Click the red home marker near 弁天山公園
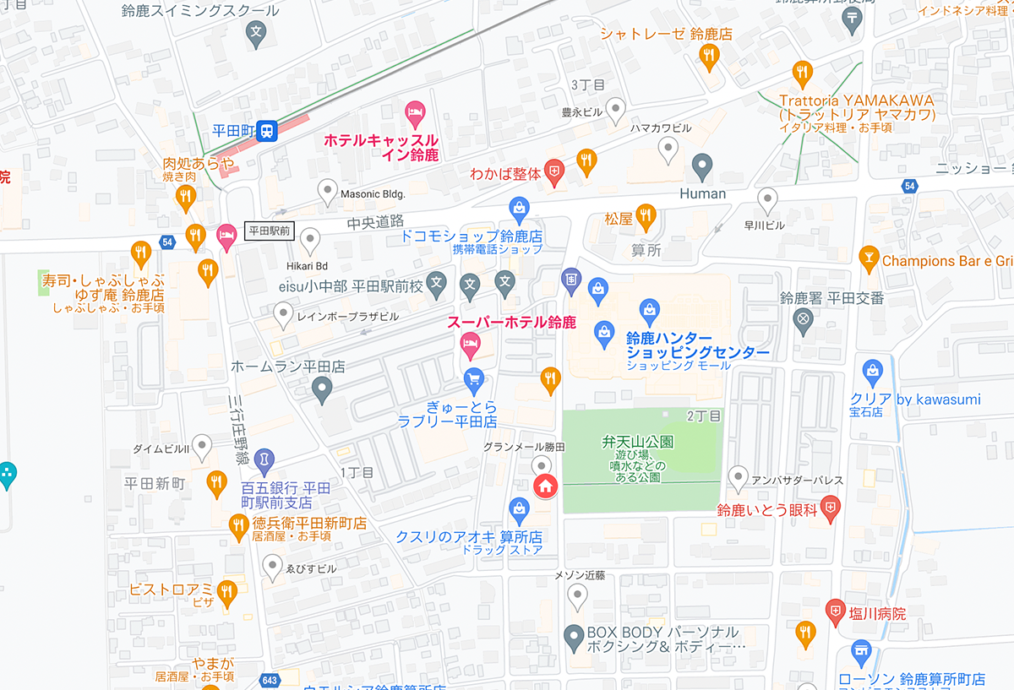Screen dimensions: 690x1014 [545, 486]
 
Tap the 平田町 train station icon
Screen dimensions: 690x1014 [267, 130]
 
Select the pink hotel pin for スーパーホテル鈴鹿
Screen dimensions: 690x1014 [470, 343]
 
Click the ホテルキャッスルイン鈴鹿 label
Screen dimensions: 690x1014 [382, 147]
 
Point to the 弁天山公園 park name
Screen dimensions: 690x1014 [638, 442]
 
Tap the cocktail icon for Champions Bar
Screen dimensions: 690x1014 [868, 256]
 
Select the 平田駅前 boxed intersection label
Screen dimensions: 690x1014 [269, 231]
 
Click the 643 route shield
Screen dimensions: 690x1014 [270, 681]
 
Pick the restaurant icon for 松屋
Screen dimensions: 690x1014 [646, 215]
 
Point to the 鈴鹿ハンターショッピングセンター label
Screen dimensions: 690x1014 [697, 345]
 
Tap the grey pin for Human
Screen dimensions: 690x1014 [702, 166]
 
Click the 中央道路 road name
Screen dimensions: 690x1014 [375, 223]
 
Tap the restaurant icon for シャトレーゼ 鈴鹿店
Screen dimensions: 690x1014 [709, 56]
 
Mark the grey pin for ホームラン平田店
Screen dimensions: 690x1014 [322, 389]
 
